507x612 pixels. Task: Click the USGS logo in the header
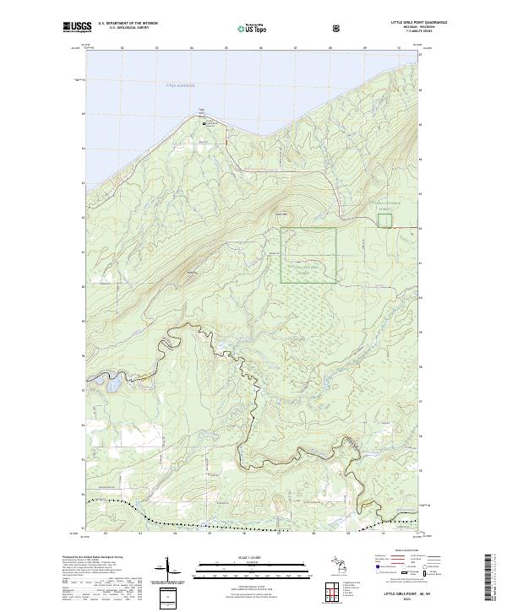77,28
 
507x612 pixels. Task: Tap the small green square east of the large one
384,219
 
